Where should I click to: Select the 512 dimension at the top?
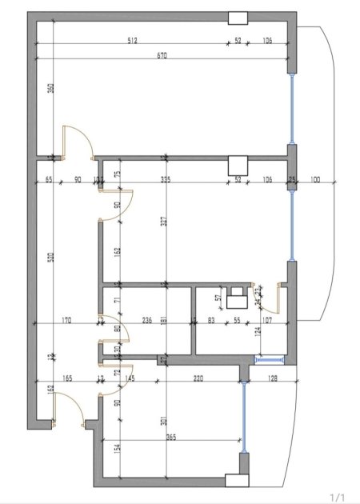[x=133, y=40]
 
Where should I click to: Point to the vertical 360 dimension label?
[x=50, y=89]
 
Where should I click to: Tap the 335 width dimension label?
[x=166, y=180]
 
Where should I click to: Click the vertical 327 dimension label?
[x=164, y=222]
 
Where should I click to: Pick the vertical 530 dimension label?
[x=50, y=258]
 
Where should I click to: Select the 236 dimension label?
[x=147, y=321]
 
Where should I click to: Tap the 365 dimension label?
[x=170, y=438]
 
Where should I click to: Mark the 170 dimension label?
[x=66, y=321]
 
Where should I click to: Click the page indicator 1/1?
[x=339, y=497]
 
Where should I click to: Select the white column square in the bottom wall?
[x=238, y=480]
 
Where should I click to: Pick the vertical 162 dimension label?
[x=117, y=250]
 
